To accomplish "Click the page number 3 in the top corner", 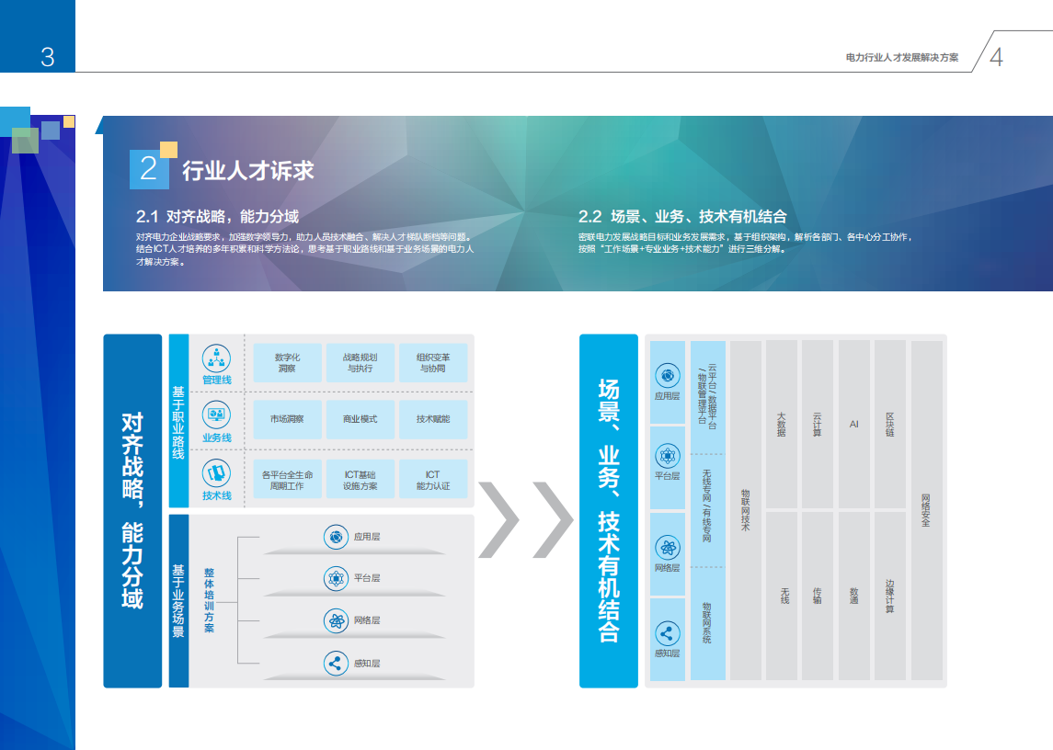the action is point(48,57).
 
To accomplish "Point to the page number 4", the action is point(997,57).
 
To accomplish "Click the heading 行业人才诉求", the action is point(248,171).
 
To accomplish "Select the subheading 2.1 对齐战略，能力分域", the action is point(218,217).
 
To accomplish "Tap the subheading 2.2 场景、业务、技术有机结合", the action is point(682,217).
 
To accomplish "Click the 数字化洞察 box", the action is point(287,362).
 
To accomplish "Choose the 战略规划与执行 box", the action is point(360,362).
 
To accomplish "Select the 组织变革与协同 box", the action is point(432,362).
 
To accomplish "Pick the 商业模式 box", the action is point(360,419).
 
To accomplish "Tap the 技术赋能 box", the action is point(432,419).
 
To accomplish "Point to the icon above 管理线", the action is point(216,357).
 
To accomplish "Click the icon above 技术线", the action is point(216,473).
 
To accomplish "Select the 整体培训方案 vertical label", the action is point(209,600).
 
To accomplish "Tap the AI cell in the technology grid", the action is point(853,425).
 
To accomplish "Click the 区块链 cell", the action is point(889,425).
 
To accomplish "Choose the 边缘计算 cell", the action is point(889,595).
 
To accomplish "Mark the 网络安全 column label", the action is point(925,510).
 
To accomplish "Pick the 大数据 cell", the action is point(781,425).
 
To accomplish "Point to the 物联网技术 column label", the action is point(745,510).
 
